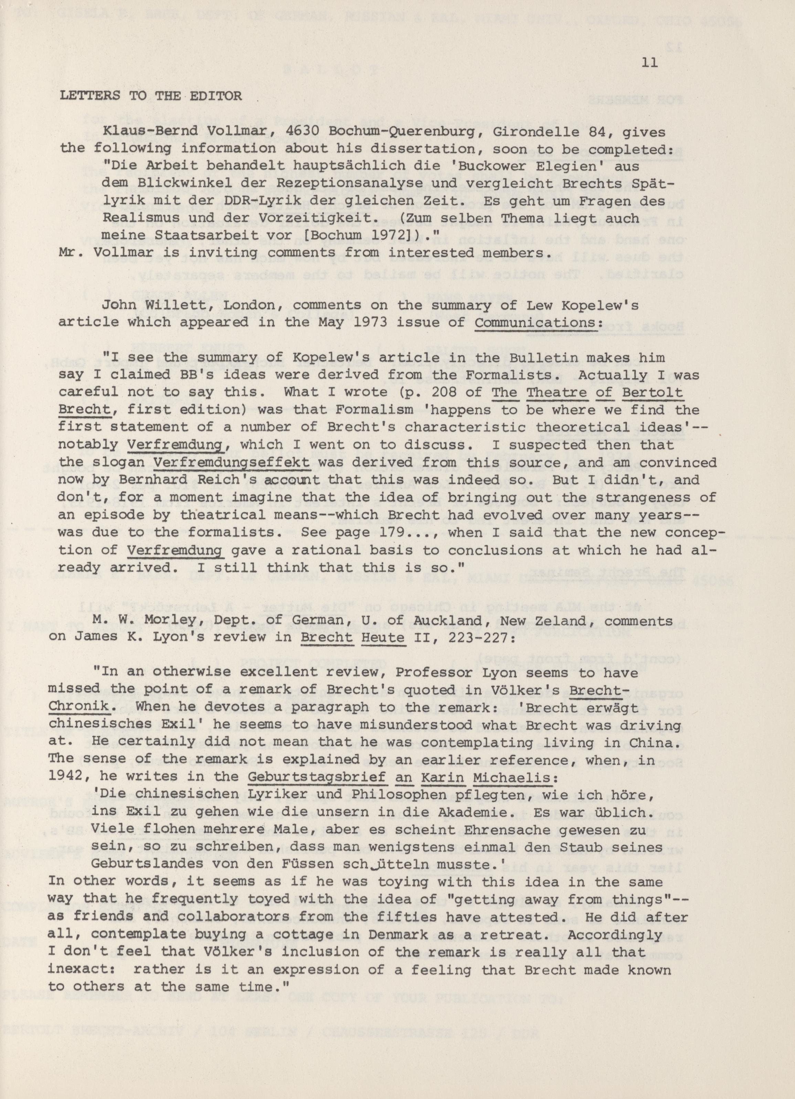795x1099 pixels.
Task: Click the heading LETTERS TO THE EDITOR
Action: coord(150,96)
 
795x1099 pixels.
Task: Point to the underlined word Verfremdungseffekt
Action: coord(232,462)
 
